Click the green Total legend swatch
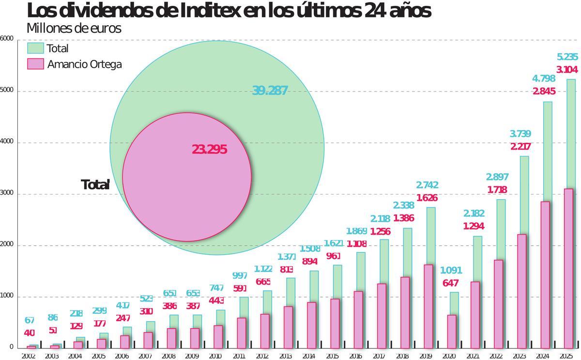(x=36, y=48)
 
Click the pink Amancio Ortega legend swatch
(x=36, y=64)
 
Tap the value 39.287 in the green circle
(x=270, y=90)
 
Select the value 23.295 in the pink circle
(x=210, y=150)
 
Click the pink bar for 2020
(x=452, y=331)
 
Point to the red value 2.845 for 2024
(x=544, y=91)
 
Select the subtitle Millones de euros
(x=74, y=29)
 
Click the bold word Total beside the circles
(x=95, y=184)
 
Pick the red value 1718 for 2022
(x=498, y=190)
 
